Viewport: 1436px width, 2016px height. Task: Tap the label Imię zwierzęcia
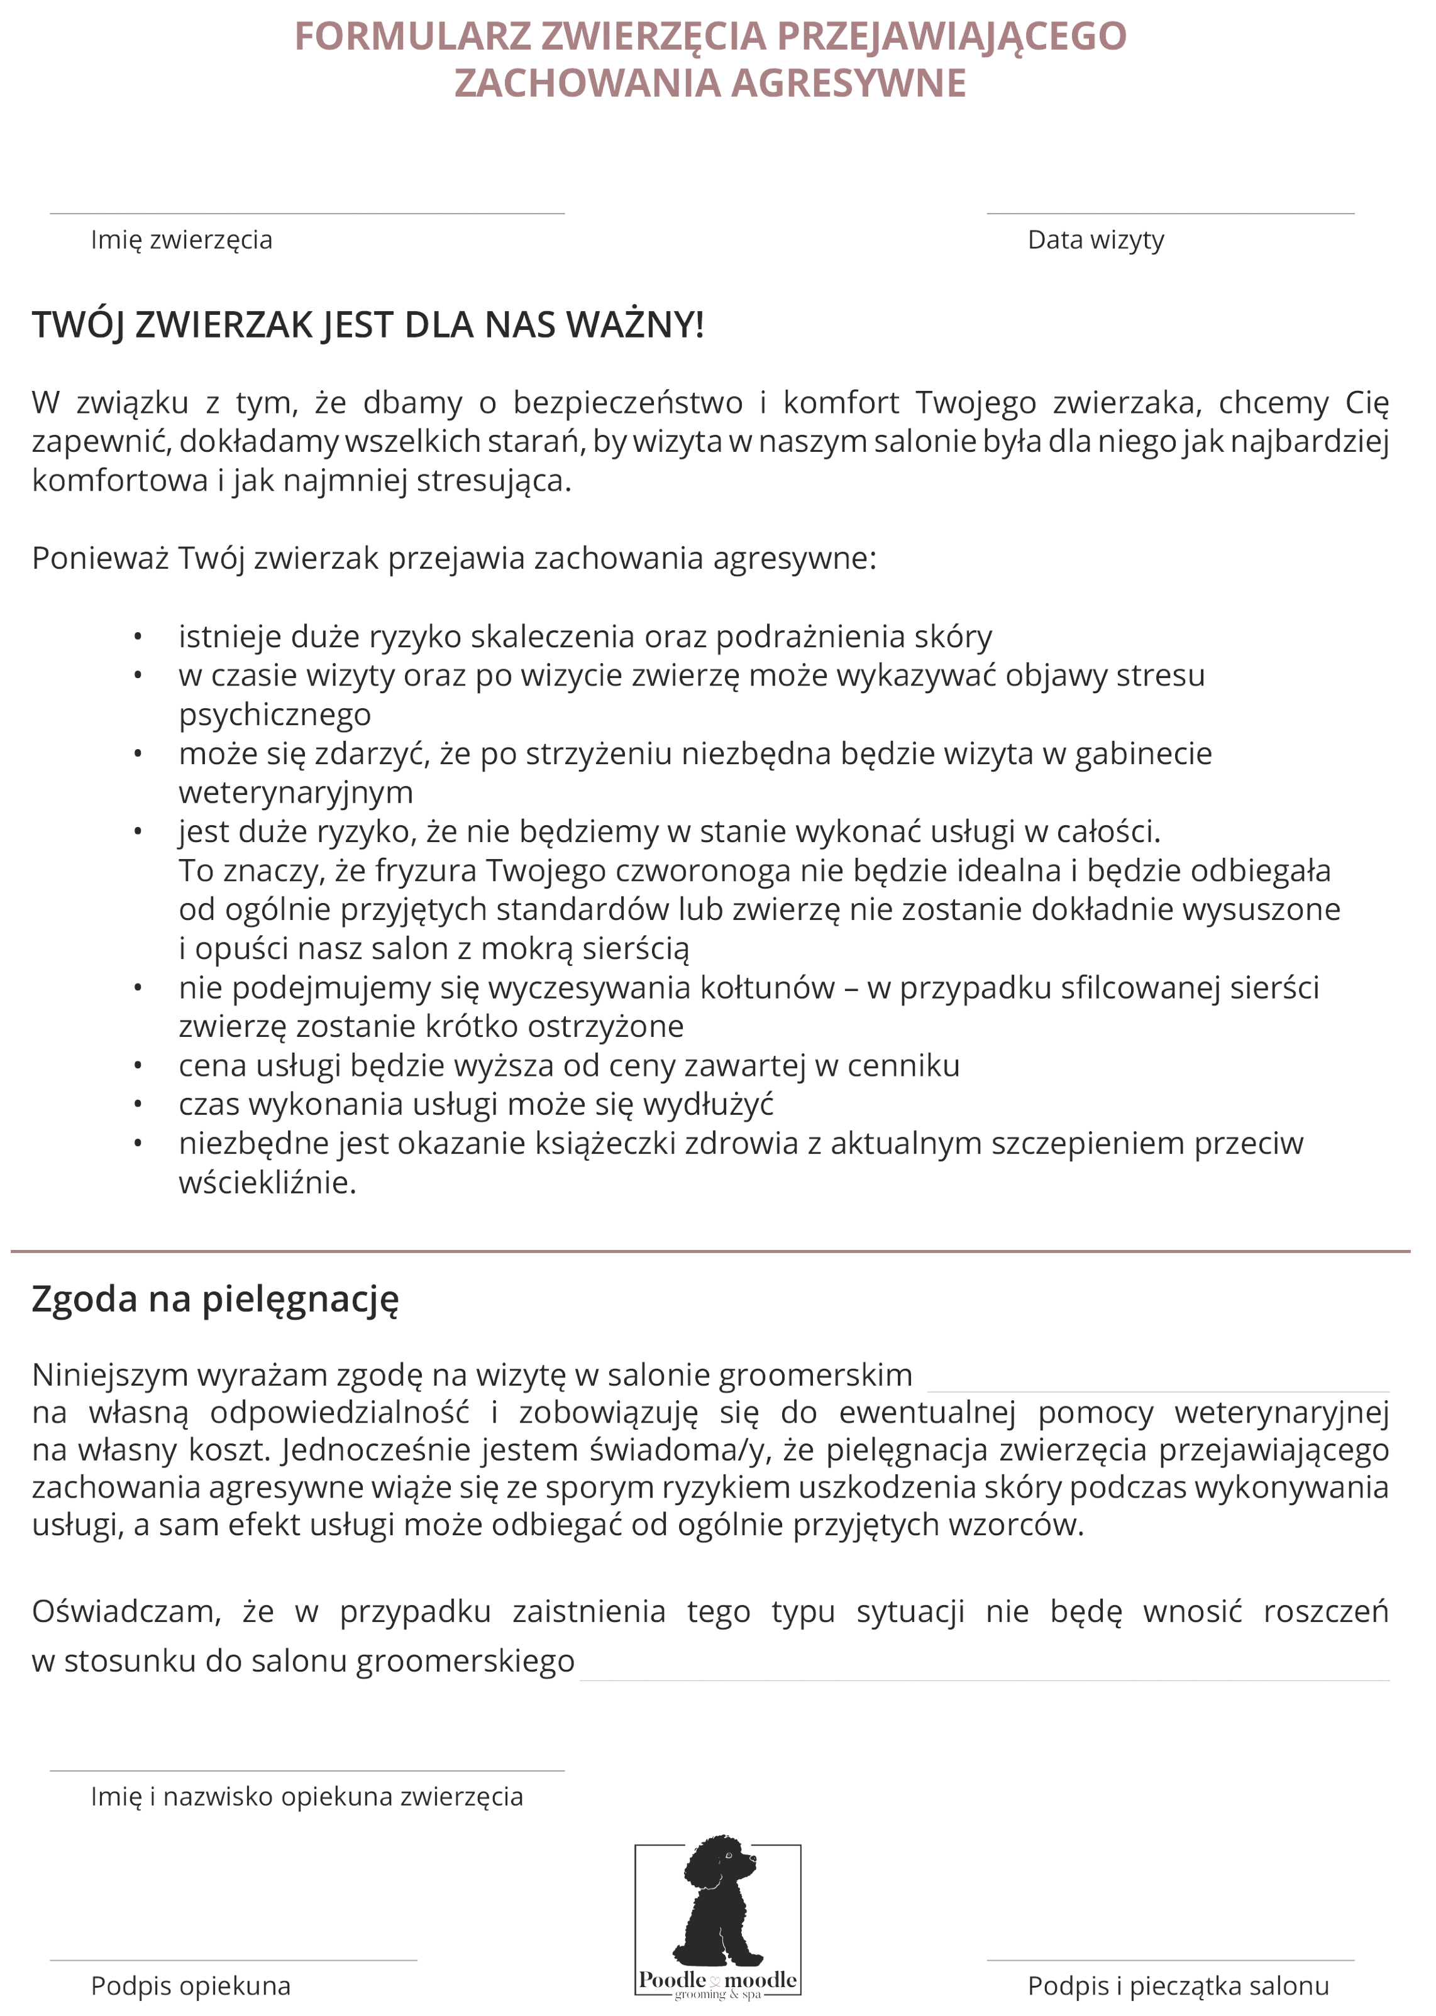181,241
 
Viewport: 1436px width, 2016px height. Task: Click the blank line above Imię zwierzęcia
306,214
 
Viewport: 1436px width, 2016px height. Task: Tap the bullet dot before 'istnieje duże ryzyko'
138,637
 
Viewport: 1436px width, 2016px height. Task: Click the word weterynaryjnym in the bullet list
295,793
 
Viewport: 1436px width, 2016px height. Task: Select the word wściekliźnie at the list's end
267,1183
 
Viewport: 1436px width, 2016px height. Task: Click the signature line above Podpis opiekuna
233,1960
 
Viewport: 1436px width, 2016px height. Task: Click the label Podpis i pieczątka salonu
1177,1987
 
